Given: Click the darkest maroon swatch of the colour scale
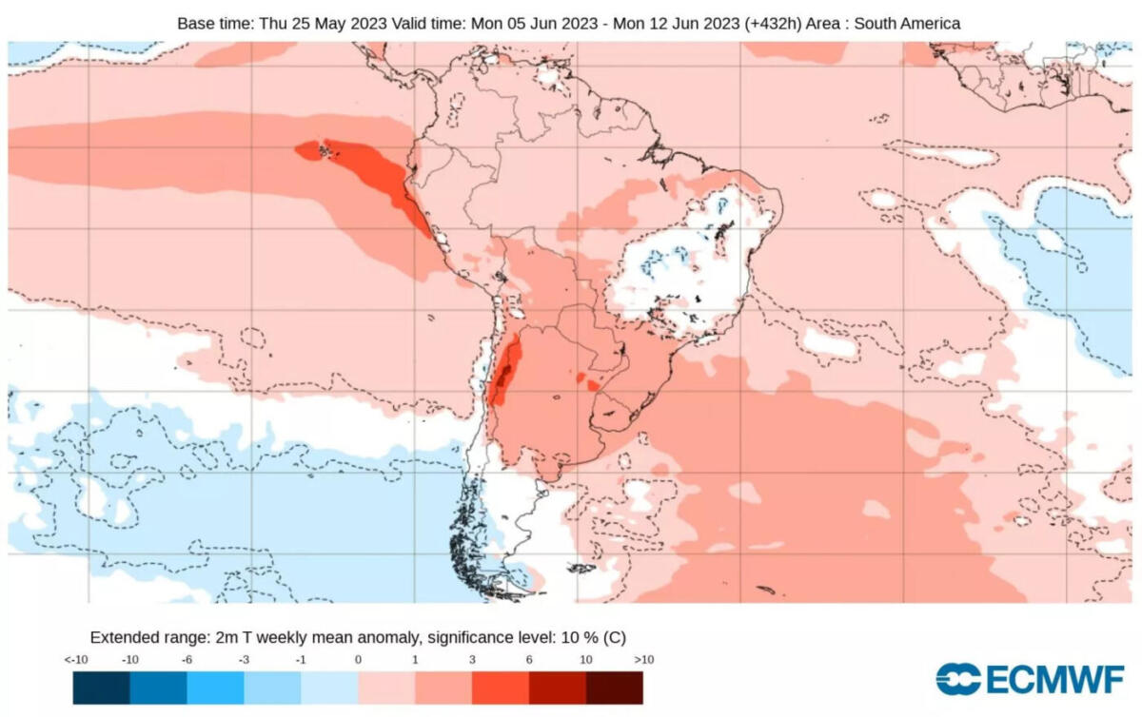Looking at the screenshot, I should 614,688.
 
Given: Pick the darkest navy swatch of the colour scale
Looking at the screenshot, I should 102,688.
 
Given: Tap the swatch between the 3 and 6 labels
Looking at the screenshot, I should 500,688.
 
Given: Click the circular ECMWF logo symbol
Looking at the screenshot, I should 958,679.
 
